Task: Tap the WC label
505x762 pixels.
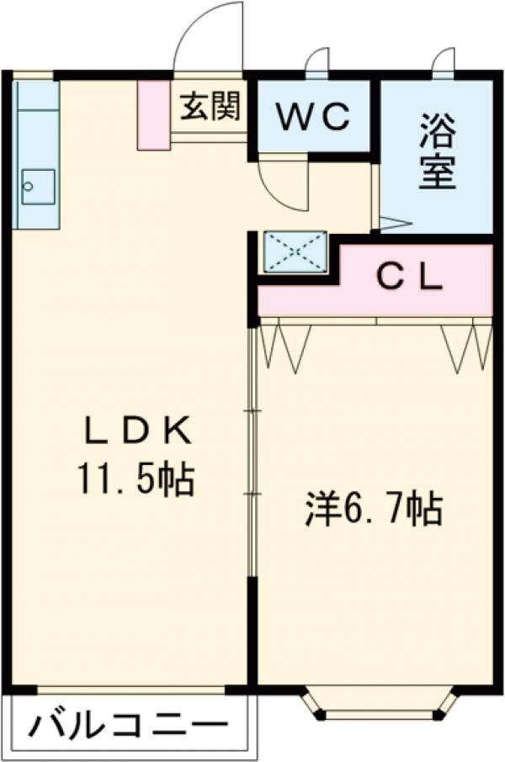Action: [x=313, y=118]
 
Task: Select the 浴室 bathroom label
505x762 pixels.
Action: [x=438, y=156]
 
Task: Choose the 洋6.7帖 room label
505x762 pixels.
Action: [x=374, y=511]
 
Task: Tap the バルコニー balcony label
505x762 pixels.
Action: [x=130, y=725]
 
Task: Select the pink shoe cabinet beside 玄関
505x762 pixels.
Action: [x=154, y=115]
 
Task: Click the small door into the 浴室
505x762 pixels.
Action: [x=392, y=224]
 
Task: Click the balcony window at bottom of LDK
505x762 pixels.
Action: [x=130, y=690]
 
